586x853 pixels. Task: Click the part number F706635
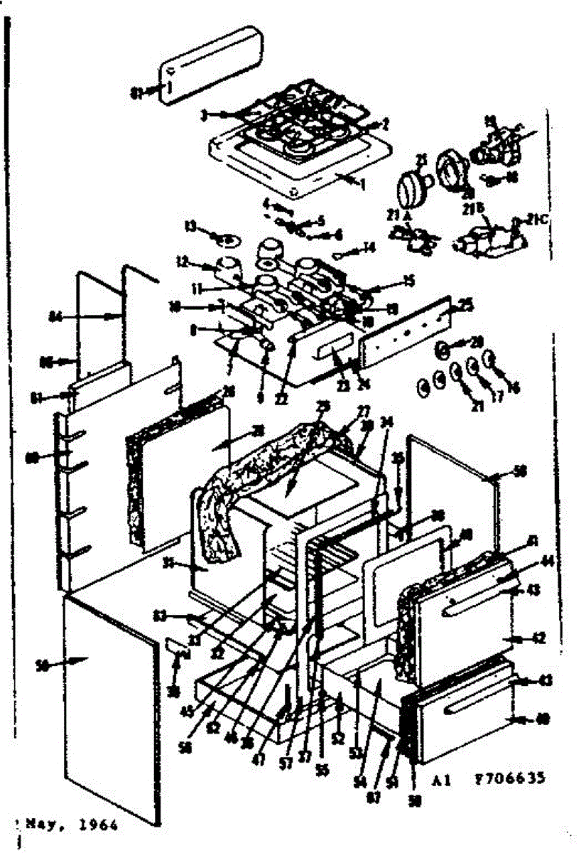coord(509,778)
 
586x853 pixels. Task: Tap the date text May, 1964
coord(70,825)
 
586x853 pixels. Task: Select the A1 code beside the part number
coord(441,778)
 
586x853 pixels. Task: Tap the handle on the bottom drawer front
coord(469,710)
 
